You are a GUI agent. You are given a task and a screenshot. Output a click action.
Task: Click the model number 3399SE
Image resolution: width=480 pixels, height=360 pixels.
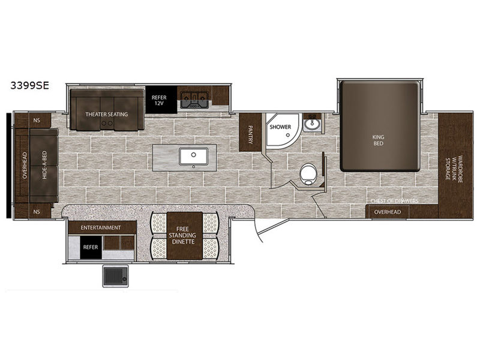(x=29, y=85)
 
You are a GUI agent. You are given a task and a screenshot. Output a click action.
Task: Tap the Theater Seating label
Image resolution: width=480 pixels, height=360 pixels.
(x=107, y=114)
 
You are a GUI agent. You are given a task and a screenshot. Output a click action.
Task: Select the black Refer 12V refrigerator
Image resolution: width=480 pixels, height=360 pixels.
(x=161, y=100)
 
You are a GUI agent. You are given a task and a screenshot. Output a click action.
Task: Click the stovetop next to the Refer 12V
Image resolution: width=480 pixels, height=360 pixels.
(x=194, y=100)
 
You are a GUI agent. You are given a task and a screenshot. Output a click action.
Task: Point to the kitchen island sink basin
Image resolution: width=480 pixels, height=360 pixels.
(x=194, y=156)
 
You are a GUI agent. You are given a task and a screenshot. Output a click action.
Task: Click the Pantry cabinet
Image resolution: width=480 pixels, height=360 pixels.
(x=250, y=132)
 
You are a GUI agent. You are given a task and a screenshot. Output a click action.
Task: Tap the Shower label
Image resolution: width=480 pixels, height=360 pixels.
(x=280, y=127)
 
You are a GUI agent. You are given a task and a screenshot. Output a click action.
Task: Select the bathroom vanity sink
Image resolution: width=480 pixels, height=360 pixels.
(x=311, y=124)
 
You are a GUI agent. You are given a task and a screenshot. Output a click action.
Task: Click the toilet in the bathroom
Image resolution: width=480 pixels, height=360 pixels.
(x=308, y=174)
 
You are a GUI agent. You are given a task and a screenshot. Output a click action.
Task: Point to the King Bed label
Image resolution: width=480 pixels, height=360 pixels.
(x=379, y=140)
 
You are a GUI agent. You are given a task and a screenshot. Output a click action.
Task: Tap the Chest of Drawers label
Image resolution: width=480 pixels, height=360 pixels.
(x=394, y=201)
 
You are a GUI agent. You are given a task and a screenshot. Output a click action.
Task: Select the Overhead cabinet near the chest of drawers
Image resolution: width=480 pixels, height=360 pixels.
(x=388, y=212)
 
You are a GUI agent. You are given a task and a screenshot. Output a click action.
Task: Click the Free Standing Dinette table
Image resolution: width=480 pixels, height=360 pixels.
(x=185, y=236)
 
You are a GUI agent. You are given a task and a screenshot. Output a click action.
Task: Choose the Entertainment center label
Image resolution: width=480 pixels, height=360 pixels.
(x=101, y=227)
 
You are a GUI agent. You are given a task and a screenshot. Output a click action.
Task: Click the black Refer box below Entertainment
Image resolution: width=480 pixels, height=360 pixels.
(x=91, y=247)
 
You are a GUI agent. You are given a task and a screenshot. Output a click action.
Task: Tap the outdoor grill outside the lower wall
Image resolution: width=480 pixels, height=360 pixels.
(x=115, y=276)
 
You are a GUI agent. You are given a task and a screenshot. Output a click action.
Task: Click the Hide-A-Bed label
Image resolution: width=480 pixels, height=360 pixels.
(x=44, y=166)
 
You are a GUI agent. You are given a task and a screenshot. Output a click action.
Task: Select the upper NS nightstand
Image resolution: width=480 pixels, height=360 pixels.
(x=37, y=121)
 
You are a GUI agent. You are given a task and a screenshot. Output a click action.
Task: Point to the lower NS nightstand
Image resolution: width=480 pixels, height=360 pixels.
(x=37, y=212)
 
